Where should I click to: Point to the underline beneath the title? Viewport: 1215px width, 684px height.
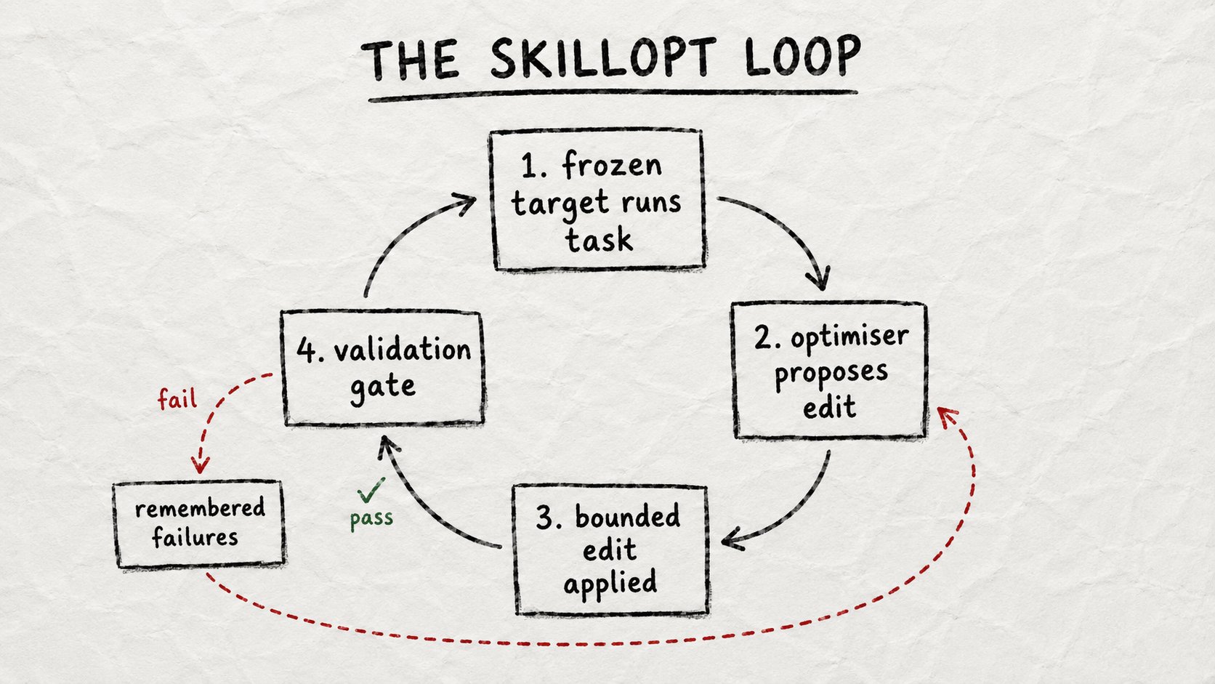(613, 95)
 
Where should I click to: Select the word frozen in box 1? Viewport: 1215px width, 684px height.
(612, 164)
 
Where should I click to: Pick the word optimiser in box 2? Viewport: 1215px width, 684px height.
(849, 337)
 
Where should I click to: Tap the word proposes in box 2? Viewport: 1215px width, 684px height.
(831, 374)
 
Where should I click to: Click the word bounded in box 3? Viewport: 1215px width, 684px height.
(627, 516)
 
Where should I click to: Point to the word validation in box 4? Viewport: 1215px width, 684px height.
(403, 350)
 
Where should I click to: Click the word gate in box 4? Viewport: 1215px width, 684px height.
(383, 387)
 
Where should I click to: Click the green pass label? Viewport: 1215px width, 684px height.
(371, 518)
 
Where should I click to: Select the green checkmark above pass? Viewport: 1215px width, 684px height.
(371, 490)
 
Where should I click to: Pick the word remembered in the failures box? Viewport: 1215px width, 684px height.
(200, 508)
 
